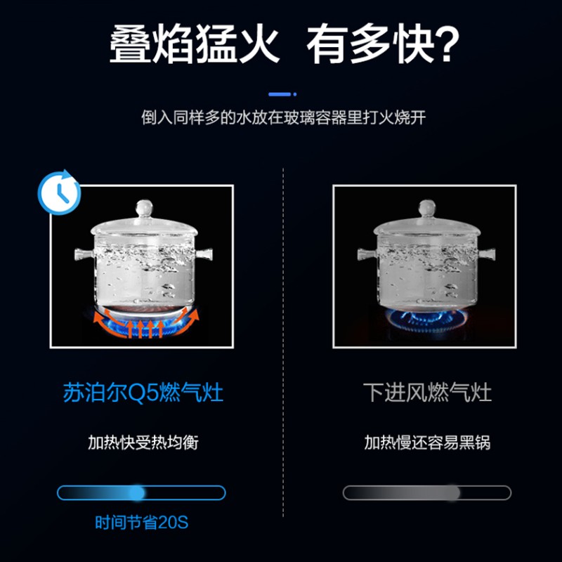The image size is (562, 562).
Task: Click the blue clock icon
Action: [59, 192]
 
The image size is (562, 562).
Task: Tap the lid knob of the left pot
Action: [144, 208]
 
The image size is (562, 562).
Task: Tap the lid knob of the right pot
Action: [427, 208]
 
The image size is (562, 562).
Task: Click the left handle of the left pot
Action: [84, 254]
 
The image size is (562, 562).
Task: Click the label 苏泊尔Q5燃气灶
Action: [143, 392]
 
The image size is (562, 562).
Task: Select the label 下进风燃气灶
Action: [427, 392]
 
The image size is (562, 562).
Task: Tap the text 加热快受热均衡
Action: [143, 443]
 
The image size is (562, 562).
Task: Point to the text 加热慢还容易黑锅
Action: [427, 443]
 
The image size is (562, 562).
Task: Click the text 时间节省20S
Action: [142, 523]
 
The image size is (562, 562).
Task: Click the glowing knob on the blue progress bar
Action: [137, 493]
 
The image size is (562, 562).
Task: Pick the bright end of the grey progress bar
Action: [452, 493]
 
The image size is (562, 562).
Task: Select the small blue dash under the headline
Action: [282, 94]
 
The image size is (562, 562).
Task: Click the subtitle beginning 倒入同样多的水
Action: [284, 117]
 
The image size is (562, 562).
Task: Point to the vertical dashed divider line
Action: [283, 342]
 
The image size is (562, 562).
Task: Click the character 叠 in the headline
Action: [130, 44]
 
